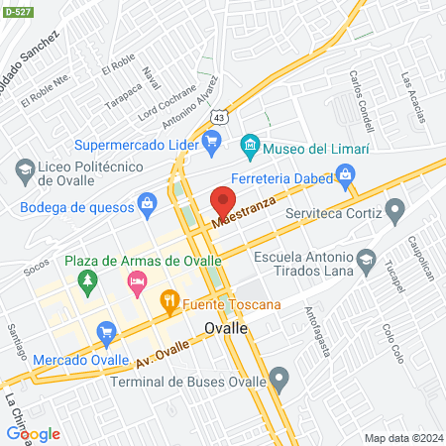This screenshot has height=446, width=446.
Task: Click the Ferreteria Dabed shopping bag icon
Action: [x=346, y=176]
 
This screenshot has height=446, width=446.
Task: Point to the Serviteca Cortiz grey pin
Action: [x=395, y=210]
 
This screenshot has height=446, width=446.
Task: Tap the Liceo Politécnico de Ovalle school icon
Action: [x=23, y=171]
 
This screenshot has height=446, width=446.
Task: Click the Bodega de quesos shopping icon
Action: [x=147, y=204]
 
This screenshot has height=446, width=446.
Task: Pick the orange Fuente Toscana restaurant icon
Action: [x=169, y=298]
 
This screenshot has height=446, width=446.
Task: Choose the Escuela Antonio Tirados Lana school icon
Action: [x=366, y=261]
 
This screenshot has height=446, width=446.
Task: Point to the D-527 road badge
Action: [x=16, y=13]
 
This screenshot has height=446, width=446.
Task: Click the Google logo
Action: [x=33, y=433]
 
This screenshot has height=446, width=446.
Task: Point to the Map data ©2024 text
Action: [x=402, y=438]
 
